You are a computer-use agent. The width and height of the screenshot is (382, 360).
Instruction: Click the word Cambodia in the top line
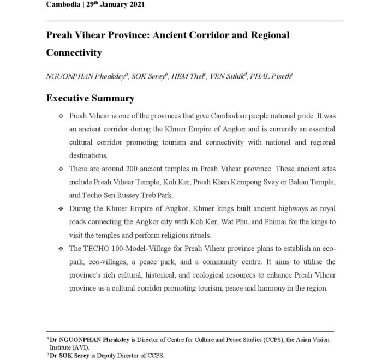click(63, 4)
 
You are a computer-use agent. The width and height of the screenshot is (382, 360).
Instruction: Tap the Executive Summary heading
click(91, 98)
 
